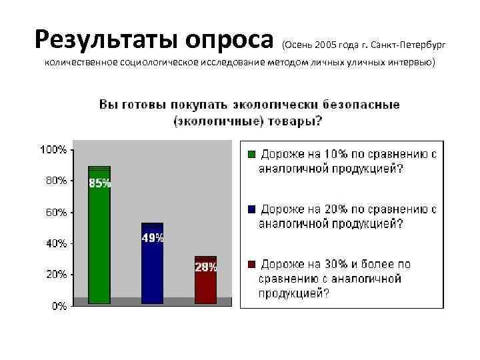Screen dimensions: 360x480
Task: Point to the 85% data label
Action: point(100,184)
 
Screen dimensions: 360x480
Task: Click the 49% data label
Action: point(153,238)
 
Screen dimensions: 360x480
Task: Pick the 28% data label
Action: point(206,267)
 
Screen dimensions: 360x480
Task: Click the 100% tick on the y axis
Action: point(54,150)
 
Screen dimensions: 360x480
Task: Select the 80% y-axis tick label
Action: point(56,180)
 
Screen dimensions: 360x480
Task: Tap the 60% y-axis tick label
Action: point(56,212)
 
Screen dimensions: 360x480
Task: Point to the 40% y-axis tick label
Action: point(56,243)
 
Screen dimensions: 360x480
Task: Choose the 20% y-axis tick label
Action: point(56,274)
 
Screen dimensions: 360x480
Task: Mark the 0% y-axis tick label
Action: point(59,306)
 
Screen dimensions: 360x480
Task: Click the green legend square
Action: point(251,154)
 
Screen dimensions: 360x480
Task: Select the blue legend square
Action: point(251,209)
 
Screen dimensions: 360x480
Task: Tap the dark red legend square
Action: point(251,264)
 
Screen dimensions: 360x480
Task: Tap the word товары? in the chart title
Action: point(296,121)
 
